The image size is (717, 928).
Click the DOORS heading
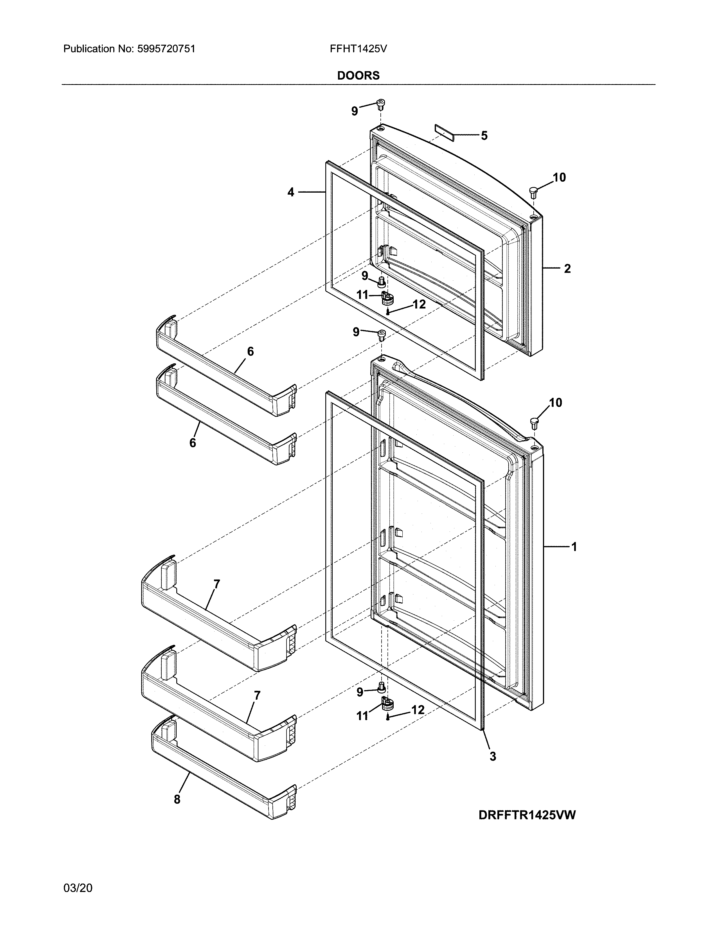click(x=358, y=76)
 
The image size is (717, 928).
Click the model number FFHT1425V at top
click(x=358, y=49)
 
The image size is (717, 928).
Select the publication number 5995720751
click(x=166, y=49)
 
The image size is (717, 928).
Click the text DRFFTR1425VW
click(x=527, y=815)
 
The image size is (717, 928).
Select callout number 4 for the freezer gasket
click(x=290, y=192)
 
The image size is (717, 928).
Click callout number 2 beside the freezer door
click(x=567, y=269)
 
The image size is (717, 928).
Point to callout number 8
click(x=177, y=799)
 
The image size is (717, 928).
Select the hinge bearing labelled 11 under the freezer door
click(x=387, y=298)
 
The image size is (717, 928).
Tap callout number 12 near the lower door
click(x=418, y=709)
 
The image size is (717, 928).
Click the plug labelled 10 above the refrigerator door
click(x=534, y=423)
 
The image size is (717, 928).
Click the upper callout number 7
click(x=217, y=584)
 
